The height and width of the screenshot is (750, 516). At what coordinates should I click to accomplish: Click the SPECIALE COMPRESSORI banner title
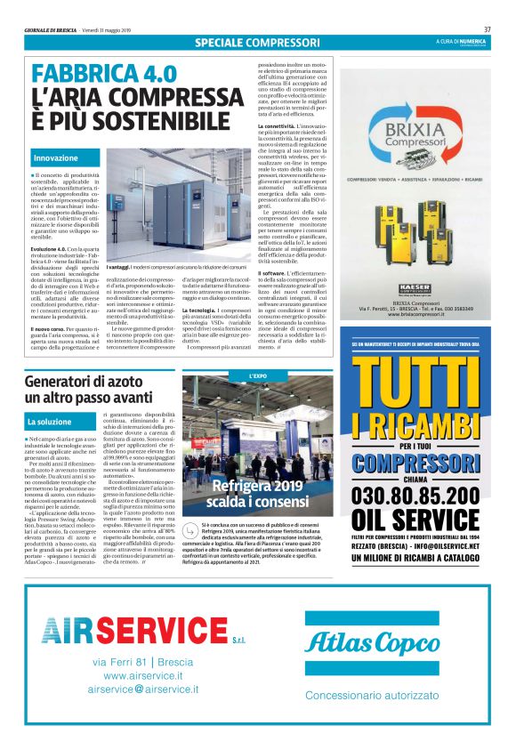(x=257, y=42)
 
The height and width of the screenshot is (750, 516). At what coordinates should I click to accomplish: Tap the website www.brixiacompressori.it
(x=421, y=315)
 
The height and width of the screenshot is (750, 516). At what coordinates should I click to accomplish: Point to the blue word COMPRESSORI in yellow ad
(x=421, y=463)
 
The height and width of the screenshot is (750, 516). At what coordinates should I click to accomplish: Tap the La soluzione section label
(x=49, y=421)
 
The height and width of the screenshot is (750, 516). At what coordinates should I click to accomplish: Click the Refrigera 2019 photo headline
(x=258, y=493)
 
